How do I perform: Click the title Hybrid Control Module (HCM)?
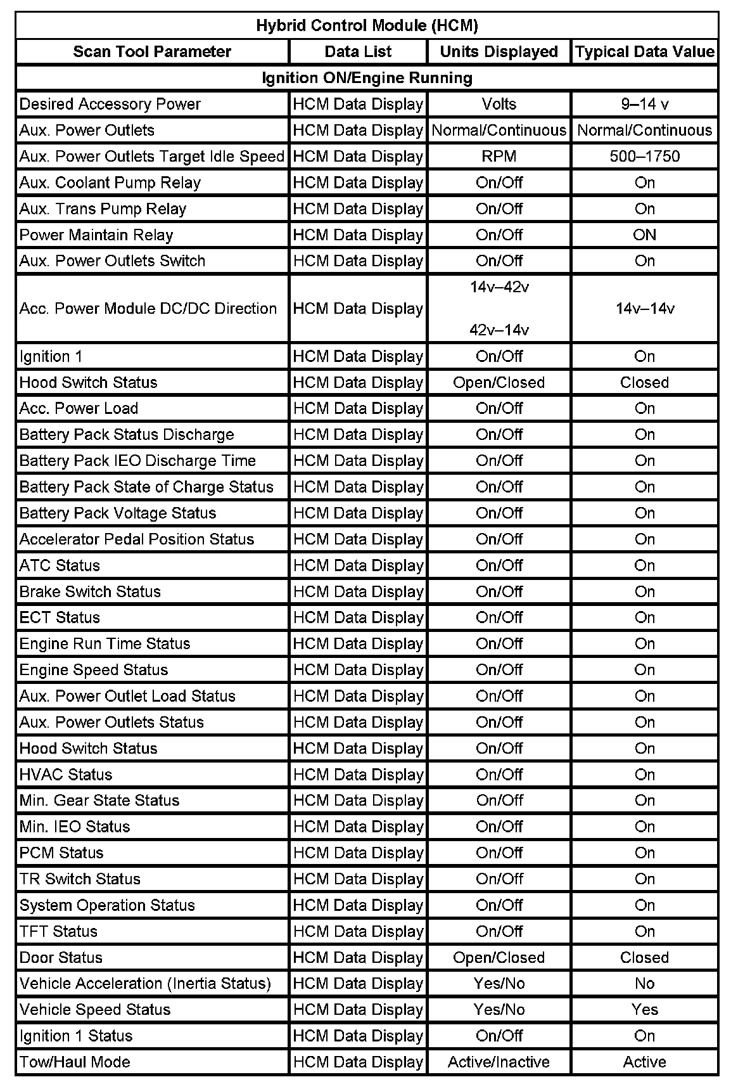click(x=367, y=25)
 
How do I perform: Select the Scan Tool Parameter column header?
click(x=152, y=52)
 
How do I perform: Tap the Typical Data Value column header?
click(x=644, y=52)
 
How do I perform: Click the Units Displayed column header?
click(x=499, y=52)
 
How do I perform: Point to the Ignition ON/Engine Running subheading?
click(x=367, y=78)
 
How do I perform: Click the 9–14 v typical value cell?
click(x=644, y=104)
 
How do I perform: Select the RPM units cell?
click(x=499, y=157)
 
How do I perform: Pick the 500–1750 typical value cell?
click(x=644, y=157)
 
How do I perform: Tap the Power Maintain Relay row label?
click(x=96, y=235)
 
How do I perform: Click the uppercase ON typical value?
click(x=644, y=235)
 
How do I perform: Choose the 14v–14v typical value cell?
click(x=644, y=309)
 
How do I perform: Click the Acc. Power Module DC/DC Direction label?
click(x=148, y=309)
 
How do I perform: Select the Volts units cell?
click(x=499, y=104)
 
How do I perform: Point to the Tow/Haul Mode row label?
click(x=75, y=1062)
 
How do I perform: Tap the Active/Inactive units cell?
click(x=499, y=1062)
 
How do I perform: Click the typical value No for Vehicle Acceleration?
click(x=644, y=983)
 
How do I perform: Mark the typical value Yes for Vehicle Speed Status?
click(x=644, y=1009)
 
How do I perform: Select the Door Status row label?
click(x=61, y=957)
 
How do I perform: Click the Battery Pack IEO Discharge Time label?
click(x=137, y=461)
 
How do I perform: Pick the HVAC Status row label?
click(x=66, y=775)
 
